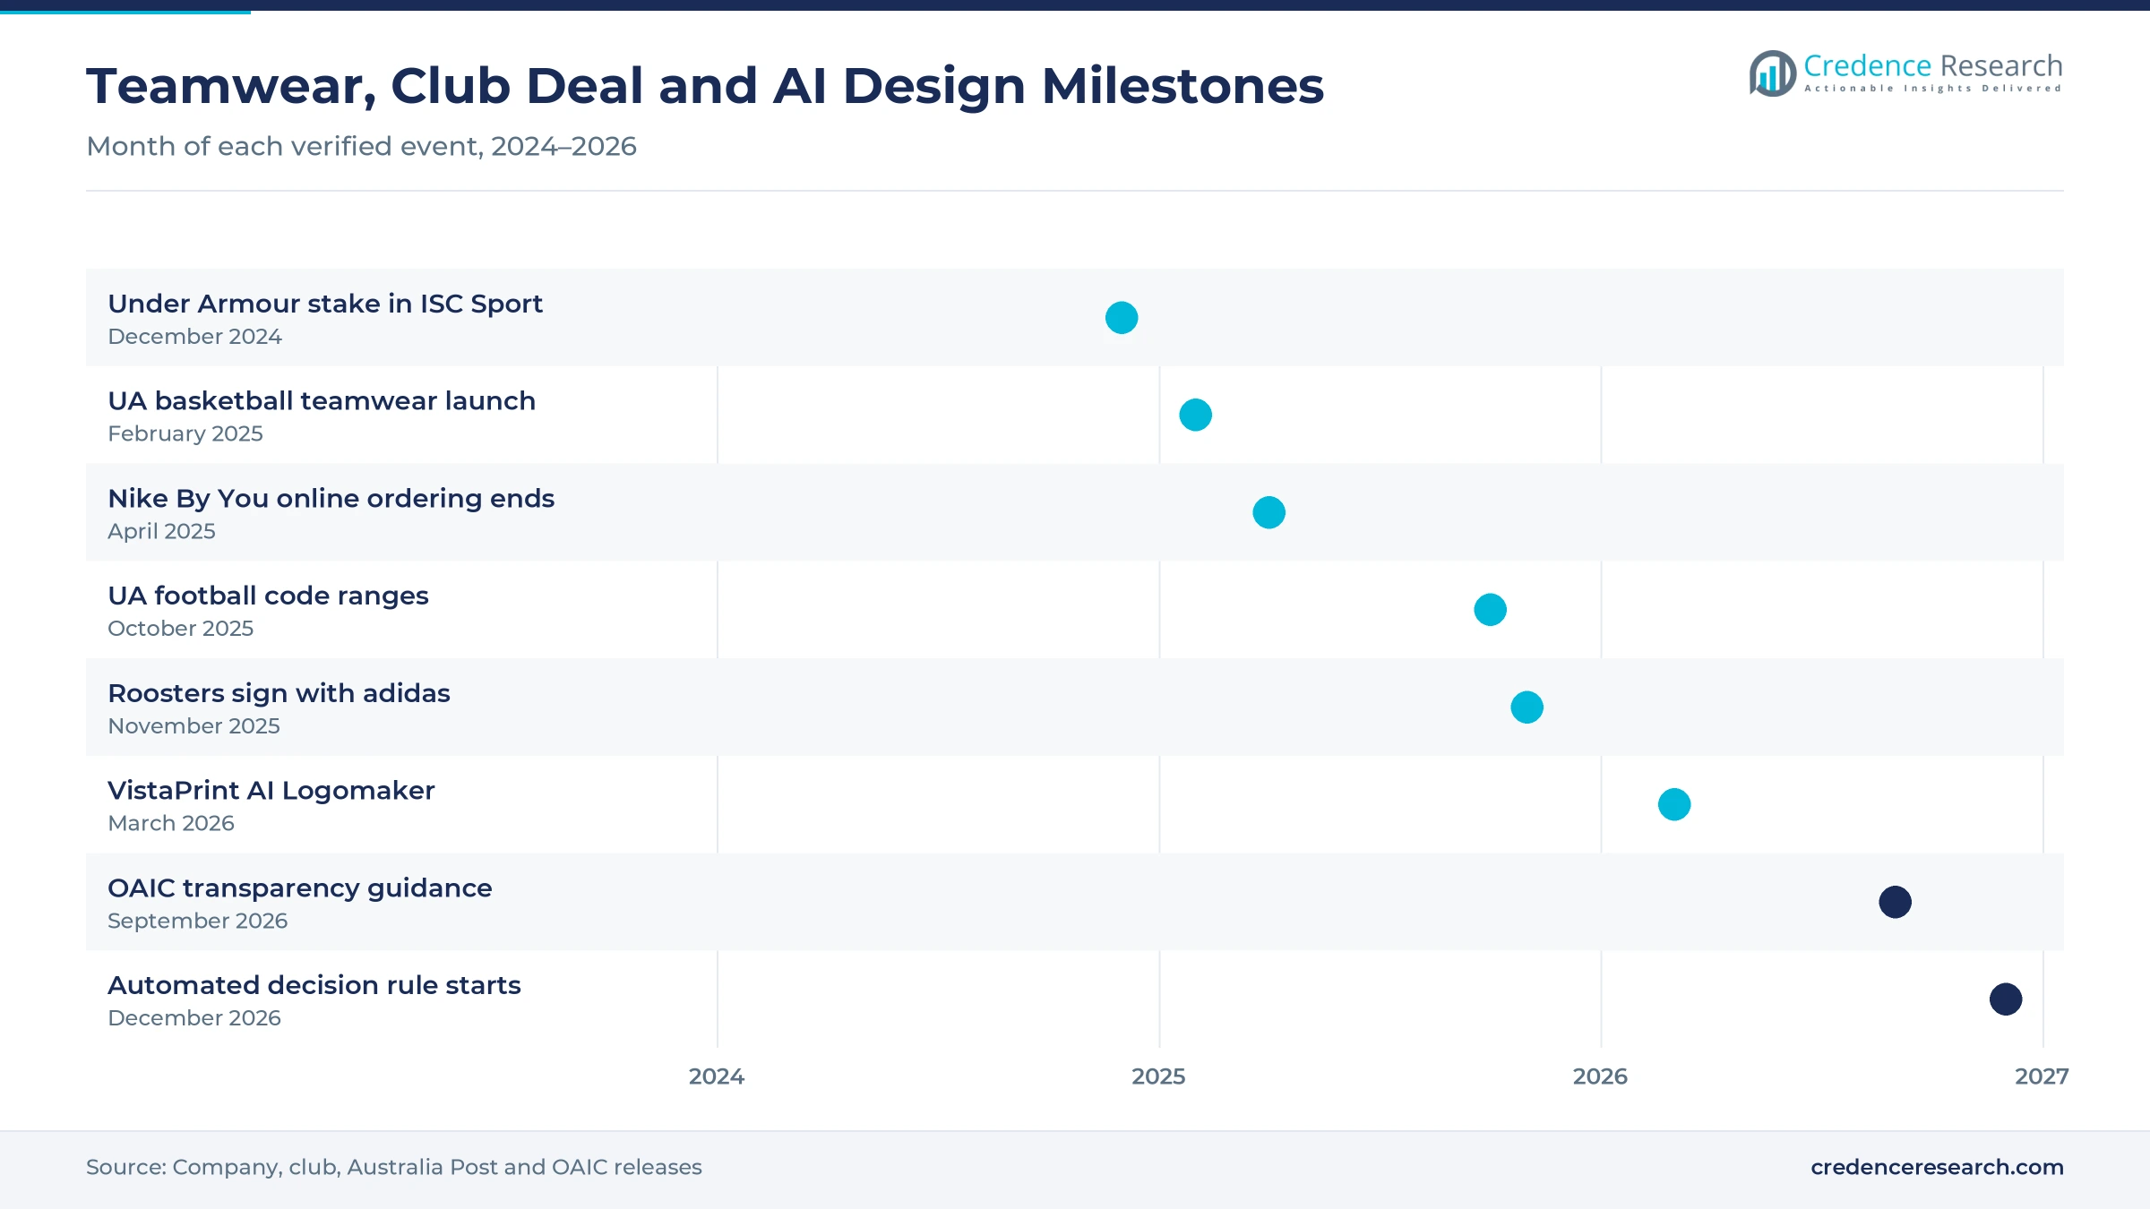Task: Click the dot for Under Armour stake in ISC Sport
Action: (1122, 318)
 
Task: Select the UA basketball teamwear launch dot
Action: (1196, 415)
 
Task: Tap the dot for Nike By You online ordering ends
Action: (1269, 512)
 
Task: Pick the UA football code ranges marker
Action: (1491, 610)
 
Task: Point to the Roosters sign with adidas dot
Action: (1527, 707)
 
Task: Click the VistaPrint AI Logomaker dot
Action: (1674, 804)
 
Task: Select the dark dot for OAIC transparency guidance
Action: (1896, 902)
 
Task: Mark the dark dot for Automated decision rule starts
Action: (2006, 999)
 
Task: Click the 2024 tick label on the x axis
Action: (717, 1076)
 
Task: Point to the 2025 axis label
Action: (1158, 1076)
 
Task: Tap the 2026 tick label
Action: (1600, 1076)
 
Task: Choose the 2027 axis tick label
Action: (2042, 1076)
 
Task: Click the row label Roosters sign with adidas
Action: (279, 693)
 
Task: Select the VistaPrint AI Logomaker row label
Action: (271, 791)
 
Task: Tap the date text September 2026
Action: (198, 921)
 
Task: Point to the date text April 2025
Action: (161, 531)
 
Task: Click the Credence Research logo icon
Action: (1772, 73)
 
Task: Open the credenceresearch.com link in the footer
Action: (1937, 1167)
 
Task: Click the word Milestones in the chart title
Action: (1182, 86)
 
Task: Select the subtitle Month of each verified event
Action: (285, 147)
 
